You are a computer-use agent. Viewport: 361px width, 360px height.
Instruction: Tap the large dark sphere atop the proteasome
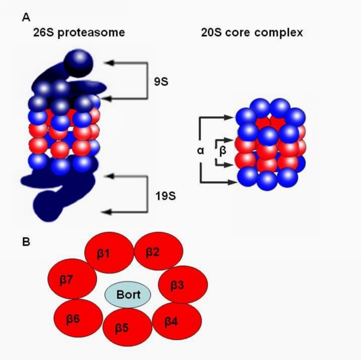click(x=79, y=62)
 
